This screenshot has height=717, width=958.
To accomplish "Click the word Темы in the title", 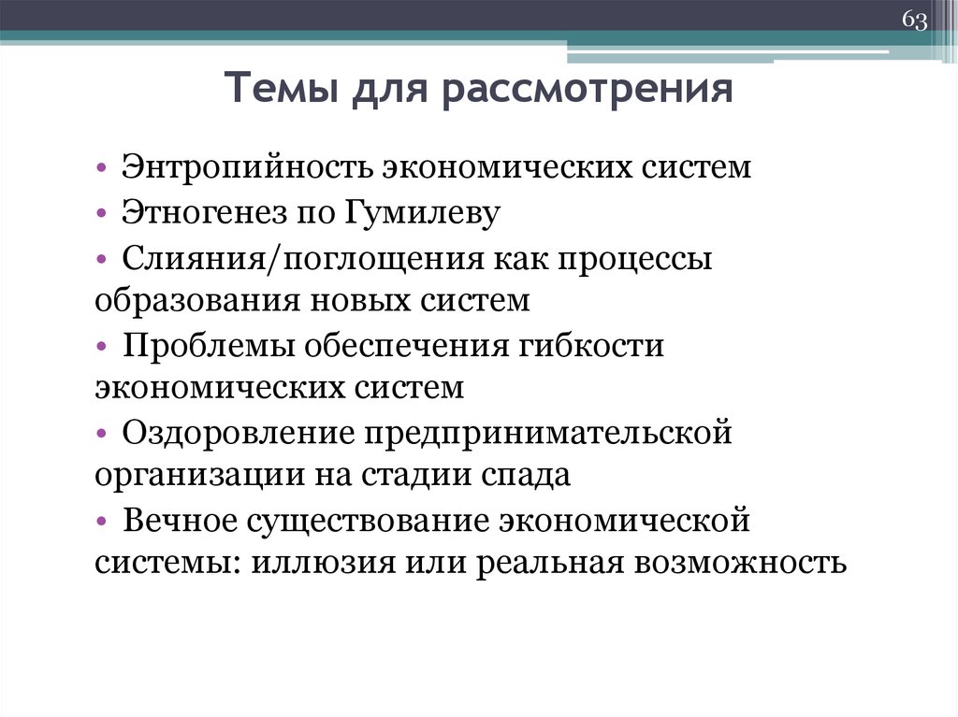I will point(280,92).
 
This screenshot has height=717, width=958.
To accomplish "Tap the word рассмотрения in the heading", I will point(588,92).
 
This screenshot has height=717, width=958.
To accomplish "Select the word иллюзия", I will point(322,564).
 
